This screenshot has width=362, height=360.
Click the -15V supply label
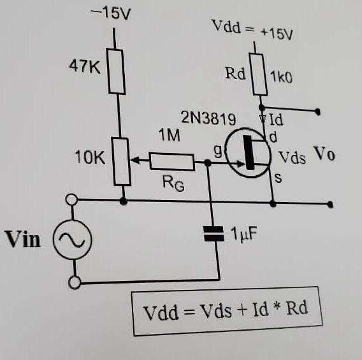[112, 13]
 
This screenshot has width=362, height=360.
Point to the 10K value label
[90, 157]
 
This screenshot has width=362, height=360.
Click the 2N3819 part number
[208, 119]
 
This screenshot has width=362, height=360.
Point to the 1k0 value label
[280, 78]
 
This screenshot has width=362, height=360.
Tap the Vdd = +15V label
[252, 29]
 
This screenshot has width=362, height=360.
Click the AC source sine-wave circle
[72, 241]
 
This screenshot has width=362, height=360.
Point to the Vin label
[23, 239]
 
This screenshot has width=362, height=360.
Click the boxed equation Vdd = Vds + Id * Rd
[225, 312]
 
